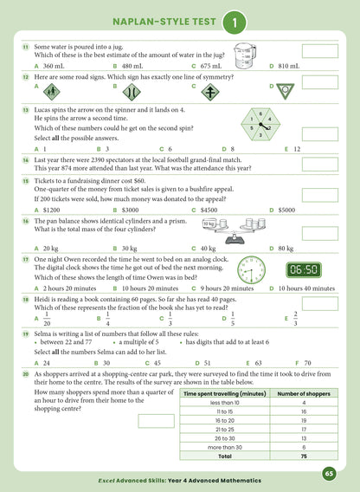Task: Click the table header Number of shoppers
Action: (304, 394)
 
